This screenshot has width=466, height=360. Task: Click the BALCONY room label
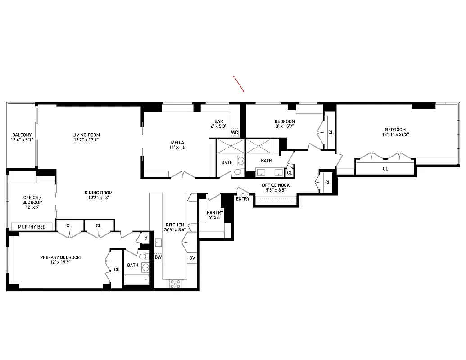pos(22,135)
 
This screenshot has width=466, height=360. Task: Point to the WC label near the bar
pos(234,132)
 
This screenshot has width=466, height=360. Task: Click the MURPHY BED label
pos(32,227)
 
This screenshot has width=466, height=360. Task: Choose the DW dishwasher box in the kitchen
pos(158,257)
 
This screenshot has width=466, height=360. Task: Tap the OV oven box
pos(192,258)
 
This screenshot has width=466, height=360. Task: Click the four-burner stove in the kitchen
pos(175,283)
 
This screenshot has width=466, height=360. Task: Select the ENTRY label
pos(242,198)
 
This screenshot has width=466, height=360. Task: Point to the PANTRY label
pos(215,213)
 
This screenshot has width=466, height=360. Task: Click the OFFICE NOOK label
pos(276,185)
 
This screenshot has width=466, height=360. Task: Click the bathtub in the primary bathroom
pos(136,280)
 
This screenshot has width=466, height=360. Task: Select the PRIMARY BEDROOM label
pos(60,257)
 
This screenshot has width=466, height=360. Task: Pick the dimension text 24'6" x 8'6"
pos(175,229)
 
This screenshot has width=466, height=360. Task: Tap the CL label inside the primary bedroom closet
pos(117,270)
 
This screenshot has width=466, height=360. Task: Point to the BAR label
pos(219,121)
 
